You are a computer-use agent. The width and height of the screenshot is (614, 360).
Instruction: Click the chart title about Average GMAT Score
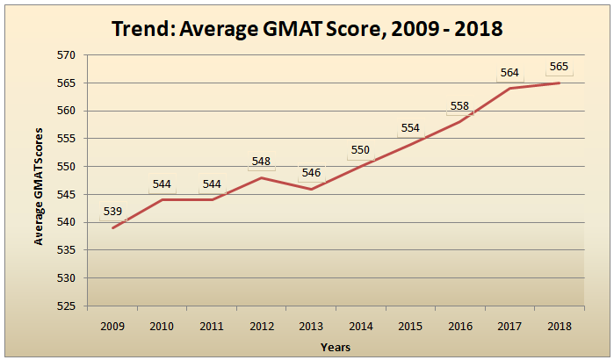[x=307, y=28]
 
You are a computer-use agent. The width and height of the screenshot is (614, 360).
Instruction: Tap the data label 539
[x=112, y=211]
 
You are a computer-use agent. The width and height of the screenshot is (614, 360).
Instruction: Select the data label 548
[x=261, y=162]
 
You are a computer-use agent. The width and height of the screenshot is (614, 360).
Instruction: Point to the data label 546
[x=311, y=173]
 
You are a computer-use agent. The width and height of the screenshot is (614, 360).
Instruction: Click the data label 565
[x=559, y=67]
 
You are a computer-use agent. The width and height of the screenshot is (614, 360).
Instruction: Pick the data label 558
[x=459, y=106]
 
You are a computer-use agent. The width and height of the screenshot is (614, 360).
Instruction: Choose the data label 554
[x=410, y=128]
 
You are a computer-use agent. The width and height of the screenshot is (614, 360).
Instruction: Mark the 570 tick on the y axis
[x=68, y=55]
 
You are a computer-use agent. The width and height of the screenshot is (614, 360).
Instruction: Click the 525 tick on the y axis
[x=68, y=306]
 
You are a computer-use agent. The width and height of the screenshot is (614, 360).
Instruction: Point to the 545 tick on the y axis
[x=68, y=195]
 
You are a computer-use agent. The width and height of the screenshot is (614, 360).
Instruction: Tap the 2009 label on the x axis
[x=112, y=325]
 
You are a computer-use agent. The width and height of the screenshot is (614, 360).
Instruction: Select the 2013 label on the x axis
[x=311, y=325]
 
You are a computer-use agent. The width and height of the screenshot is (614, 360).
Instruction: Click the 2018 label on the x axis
[x=559, y=325]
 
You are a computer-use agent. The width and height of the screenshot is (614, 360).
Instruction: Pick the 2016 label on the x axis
[x=459, y=325]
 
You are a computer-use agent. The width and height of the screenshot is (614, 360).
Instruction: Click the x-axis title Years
[x=336, y=347]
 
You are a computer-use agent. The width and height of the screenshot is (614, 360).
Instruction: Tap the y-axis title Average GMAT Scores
[x=39, y=182]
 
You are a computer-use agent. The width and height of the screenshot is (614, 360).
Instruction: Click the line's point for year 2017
[x=509, y=88]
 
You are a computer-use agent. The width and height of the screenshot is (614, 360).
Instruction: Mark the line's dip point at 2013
[x=311, y=189]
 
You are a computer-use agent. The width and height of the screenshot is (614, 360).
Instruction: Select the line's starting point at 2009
[x=112, y=227]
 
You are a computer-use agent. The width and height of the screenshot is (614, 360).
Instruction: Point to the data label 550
[x=361, y=150]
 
